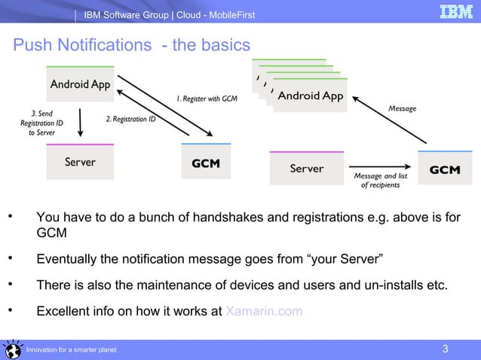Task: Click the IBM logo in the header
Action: click(x=456, y=13)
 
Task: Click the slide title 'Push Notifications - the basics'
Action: click(x=131, y=46)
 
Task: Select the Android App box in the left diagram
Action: click(x=80, y=84)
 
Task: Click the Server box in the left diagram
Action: click(x=80, y=162)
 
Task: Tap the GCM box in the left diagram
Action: click(x=206, y=163)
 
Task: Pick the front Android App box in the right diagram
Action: click(x=310, y=96)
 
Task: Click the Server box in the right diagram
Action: click(x=306, y=169)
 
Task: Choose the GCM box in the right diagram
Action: click(x=444, y=169)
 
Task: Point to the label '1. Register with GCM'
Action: click(x=207, y=99)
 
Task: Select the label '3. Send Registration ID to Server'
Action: click(x=41, y=123)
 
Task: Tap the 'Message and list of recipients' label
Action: click(x=381, y=181)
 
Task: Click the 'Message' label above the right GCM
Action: click(x=402, y=109)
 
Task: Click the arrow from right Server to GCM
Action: click(x=381, y=168)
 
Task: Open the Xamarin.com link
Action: click(x=264, y=311)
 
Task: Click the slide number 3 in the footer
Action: click(x=445, y=349)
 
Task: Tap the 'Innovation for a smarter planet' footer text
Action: click(x=71, y=350)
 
